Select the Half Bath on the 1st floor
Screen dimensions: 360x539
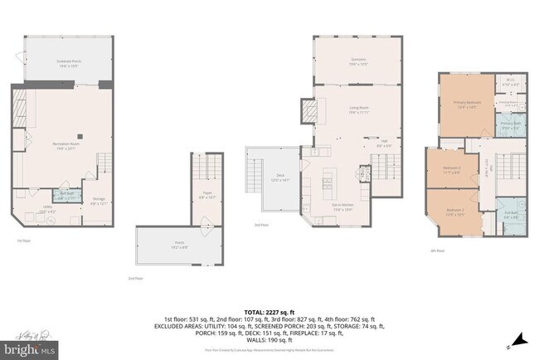pyautogui.click(x=68, y=196)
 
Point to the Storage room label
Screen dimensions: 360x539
pyautogui.click(x=99, y=201)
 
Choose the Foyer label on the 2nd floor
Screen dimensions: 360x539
pyautogui.click(x=207, y=196)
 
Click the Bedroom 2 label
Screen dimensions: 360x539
pyautogui.click(x=454, y=212)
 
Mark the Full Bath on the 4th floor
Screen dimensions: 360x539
pyautogui.click(x=512, y=217)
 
